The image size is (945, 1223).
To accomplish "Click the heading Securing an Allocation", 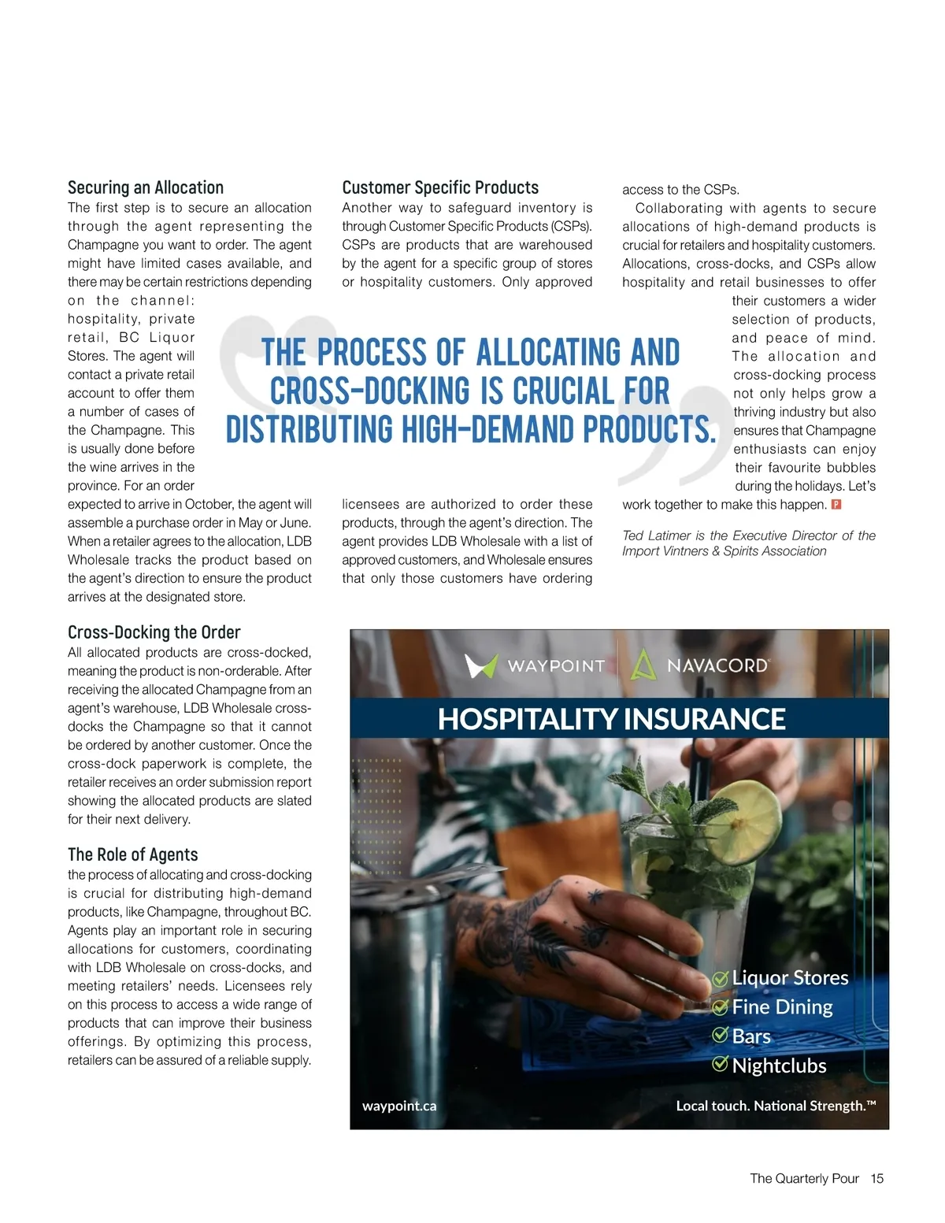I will (x=146, y=187).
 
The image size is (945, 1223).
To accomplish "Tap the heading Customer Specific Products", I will (x=440, y=187).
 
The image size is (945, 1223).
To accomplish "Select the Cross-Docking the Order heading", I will (x=154, y=632).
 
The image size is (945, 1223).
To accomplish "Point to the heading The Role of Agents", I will (x=132, y=854).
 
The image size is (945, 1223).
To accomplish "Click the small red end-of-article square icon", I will (x=836, y=504).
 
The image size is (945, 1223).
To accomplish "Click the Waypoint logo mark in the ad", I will (x=480, y=665).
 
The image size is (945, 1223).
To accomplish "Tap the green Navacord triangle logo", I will (x=643, y=665).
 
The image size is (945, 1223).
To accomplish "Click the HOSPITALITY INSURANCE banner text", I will (x=611, y=719).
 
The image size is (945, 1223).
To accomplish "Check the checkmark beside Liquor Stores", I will (x=720, y=978).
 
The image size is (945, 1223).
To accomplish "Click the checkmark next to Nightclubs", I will (x=720, y=1065).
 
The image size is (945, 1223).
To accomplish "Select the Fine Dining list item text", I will (x=782, y=1006).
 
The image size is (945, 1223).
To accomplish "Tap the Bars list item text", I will (x=751, y=1036).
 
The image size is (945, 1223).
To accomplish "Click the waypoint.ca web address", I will (x=399, y=1106).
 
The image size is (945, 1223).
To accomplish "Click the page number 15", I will (x=877, y=1178).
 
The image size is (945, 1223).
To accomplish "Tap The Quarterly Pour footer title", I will (x=804, y=1178).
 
